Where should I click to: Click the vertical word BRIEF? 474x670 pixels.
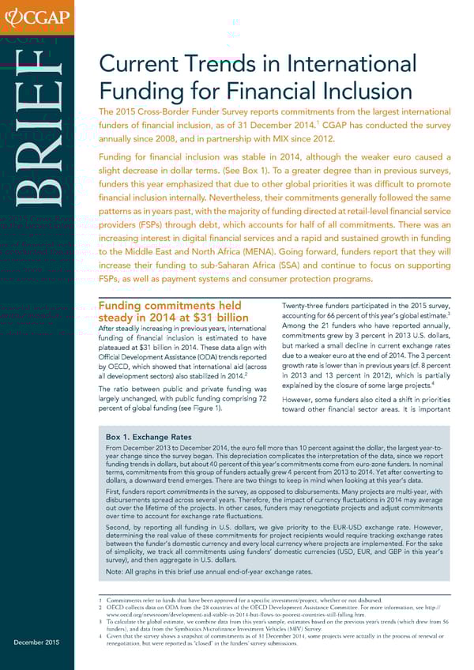[46, 149]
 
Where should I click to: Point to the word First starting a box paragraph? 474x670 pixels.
[112, 490]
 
